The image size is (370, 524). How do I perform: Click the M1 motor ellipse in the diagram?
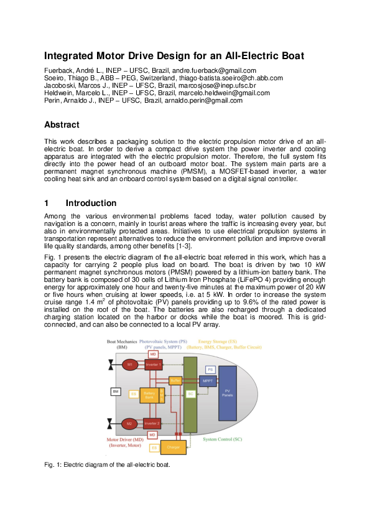130,365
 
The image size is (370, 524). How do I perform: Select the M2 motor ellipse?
130,423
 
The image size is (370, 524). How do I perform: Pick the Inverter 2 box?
152,423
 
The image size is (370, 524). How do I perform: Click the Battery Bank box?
149,395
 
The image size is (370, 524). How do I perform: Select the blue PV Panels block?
227,393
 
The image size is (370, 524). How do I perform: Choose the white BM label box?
115,391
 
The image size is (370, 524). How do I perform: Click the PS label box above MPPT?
210,370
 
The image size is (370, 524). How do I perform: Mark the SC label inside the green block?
190,394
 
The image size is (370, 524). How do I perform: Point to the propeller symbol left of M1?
110,365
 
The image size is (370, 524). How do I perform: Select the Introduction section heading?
91,203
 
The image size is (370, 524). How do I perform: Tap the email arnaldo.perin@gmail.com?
206,100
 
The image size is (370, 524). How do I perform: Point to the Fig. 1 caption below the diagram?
106,464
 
